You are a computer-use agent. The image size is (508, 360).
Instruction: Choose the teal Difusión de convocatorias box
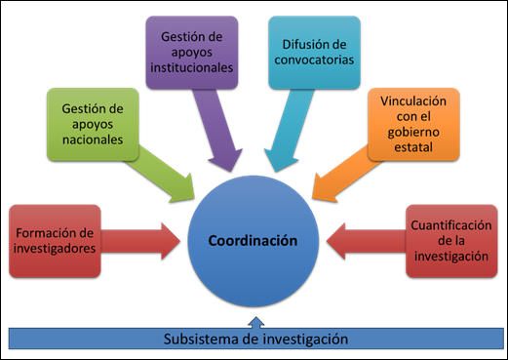313,50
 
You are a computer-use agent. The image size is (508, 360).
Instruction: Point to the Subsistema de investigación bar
254,339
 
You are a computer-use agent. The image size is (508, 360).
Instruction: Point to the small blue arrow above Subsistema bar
254,321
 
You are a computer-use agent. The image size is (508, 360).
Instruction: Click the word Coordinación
254,241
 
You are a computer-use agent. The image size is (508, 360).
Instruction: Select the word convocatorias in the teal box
313,59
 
